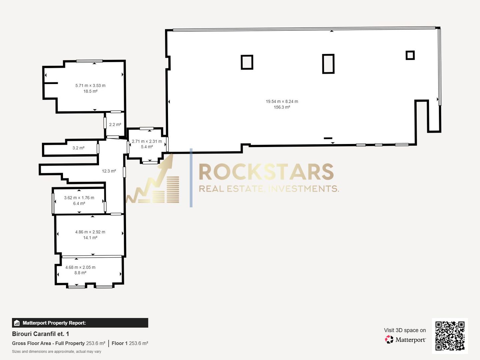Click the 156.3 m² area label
(x=282, y=107)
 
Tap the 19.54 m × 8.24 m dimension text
(x=282, y=101)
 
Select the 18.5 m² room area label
(x=90, y=91)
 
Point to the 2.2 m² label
(x=115, y=125)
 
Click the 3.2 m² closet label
(x=79, y=148)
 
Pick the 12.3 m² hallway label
(x=109, y=171)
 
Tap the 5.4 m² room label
(x=147, y=147)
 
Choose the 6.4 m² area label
(x=79, y=203)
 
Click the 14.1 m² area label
(x=90, y=238)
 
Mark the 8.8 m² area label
(x=80, y=273)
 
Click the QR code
(x=450, y=336)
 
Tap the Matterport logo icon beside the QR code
(x=389, y=339)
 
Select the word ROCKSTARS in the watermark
(x=266, y=172)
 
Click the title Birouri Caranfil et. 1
(x=40, y=334)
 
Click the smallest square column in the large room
(x=410, y=55)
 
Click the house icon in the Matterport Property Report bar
(x=17, y=323)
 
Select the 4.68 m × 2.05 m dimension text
(x=80, y=267)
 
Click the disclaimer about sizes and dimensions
(x=57, y=351)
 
